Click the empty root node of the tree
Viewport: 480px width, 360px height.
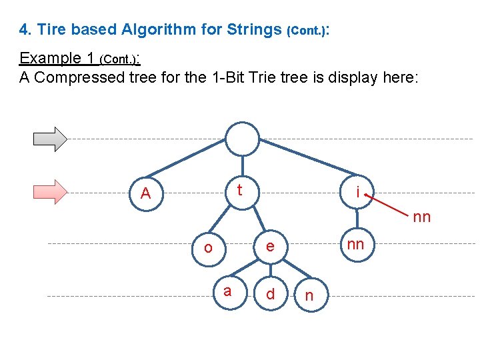[x=241, y=139]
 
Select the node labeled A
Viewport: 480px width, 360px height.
[x=146, y=193]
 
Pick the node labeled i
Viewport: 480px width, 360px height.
[x=358, y=193]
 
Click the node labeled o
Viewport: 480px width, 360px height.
[x=209, y=248]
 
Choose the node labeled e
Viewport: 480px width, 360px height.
[x=269, y=247]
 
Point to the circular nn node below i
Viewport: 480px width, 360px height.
[x=356, y=245]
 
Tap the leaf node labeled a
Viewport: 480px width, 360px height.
[x=227, y=291]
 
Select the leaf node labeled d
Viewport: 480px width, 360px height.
[x=270, y=294]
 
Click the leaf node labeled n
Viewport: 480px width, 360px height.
[x=308, y=295]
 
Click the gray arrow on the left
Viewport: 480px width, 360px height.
[x=51, y=138]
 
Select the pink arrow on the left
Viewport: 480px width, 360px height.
[x=51, y=191]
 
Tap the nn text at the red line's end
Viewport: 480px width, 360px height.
[x=421, y=217]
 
